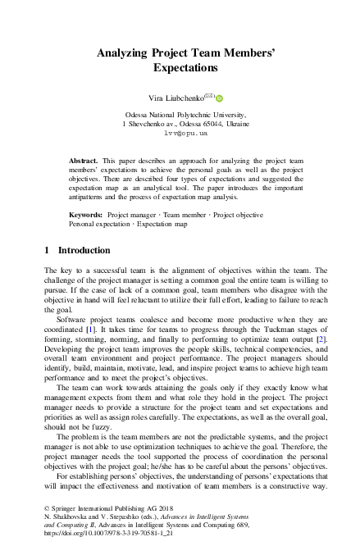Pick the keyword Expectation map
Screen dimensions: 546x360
point(162,223)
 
